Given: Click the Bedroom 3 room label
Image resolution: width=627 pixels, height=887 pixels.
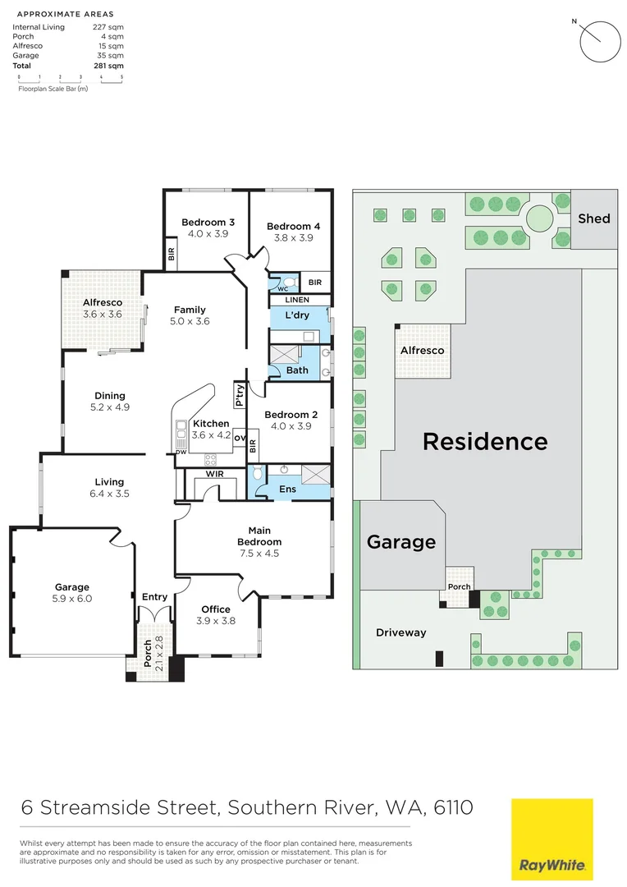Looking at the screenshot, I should [208, 223].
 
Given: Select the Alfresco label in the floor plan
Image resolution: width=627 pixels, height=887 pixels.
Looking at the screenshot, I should [103, 302].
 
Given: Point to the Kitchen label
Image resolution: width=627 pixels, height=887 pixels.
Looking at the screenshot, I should [211, 424].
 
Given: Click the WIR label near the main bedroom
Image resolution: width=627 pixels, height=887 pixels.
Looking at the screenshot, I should [215, 474].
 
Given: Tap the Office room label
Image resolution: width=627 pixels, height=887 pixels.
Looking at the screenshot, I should [216, 609].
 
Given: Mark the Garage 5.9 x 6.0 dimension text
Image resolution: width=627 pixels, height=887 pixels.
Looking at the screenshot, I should [72, 599].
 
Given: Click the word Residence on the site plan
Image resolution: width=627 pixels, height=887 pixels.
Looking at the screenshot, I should [484, 441].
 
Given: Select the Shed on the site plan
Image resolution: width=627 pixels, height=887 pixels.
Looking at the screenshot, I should [594, 218].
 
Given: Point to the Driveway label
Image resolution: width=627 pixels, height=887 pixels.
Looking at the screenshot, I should [401, 632].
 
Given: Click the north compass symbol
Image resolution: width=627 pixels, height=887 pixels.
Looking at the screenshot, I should [600, 39].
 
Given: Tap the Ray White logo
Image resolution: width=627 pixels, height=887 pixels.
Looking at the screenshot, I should [551, 837].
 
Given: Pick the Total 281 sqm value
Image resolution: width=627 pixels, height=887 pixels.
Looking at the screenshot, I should [114, 65].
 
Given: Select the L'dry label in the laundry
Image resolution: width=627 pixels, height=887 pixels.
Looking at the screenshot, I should [296, 316].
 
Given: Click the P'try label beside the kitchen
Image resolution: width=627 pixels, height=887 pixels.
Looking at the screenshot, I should [240, 395].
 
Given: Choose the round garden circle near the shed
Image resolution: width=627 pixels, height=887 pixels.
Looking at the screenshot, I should [539, 218].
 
